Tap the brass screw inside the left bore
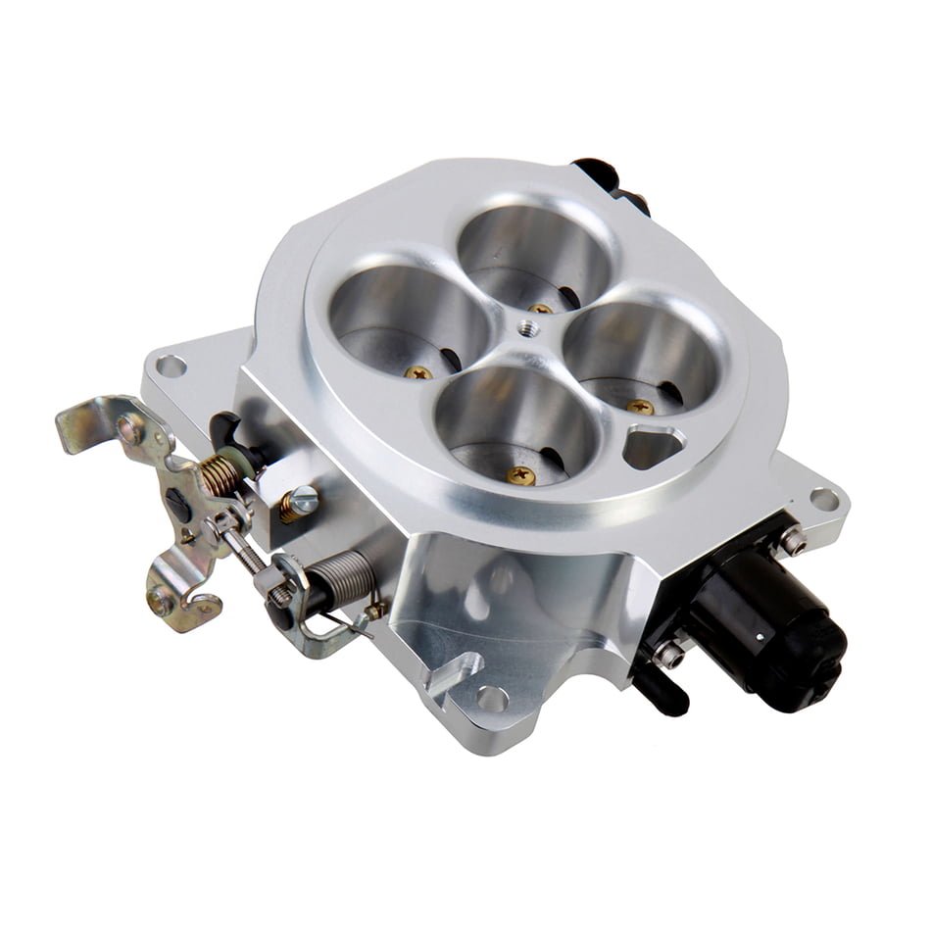(x=419, y=372)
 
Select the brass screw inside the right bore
(x=640, y=406)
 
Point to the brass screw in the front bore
(x=521, y=476)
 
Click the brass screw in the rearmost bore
(x=540, y=308)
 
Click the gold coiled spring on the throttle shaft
(x=220, y=475)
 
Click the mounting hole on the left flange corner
(x=171, y=367)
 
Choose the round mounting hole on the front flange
(x=492, y=700)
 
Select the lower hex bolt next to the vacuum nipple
(x=669, y=654)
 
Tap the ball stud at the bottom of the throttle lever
(x=162, y=600)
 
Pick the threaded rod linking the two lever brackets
(x=249, y=557)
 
